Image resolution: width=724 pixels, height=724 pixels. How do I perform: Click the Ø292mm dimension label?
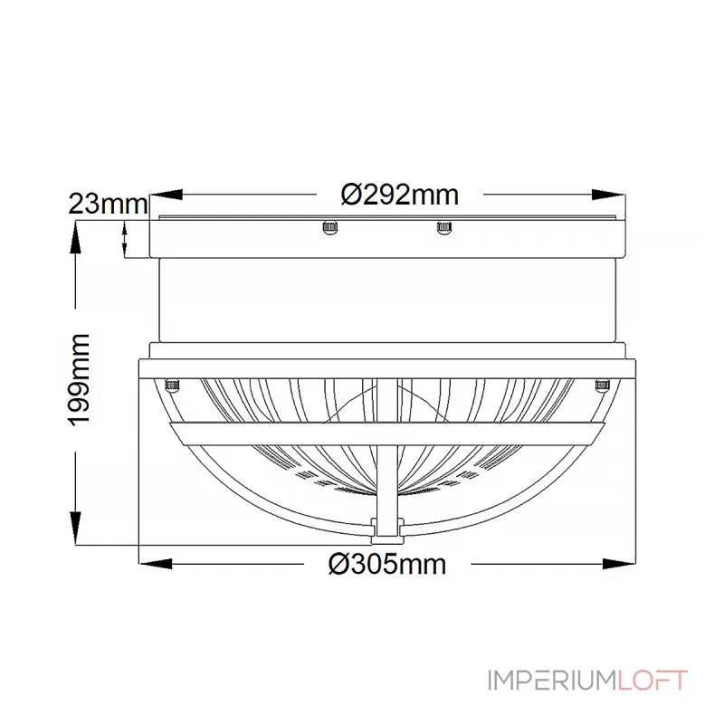[400, 195]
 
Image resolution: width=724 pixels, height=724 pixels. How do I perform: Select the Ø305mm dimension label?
[387, 564]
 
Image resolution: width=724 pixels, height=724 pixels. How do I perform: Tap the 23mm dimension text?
[108, 204]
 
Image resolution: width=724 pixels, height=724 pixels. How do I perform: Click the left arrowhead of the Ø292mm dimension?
[167, 195]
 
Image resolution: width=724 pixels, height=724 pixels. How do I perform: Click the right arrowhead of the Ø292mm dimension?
[608, 195]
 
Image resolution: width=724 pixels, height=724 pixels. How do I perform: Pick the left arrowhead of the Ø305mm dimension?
[156, 564]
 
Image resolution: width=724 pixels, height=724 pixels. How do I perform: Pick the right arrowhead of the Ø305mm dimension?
[619, 564]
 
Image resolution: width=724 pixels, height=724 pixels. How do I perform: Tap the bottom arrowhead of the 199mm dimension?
[75, 529]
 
